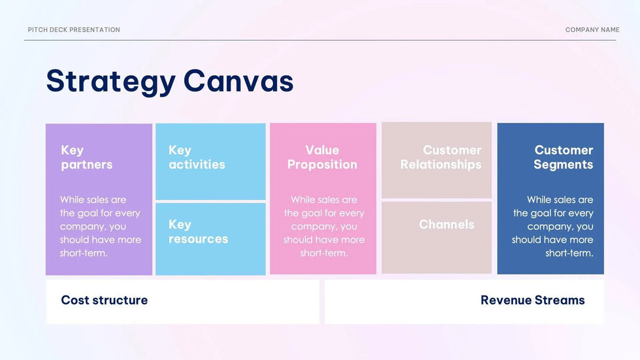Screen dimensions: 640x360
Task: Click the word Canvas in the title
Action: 238,80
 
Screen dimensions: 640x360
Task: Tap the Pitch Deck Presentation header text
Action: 74,30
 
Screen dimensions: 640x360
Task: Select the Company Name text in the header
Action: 592,30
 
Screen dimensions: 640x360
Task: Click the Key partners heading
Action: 86,157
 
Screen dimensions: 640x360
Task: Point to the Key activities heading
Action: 197,157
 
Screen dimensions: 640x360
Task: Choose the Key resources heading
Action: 199,231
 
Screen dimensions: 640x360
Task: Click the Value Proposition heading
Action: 322,157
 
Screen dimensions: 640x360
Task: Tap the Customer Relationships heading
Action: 441,157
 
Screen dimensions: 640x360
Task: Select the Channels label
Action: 447,225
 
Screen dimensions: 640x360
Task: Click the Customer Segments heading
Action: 563,157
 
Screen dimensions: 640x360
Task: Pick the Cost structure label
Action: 104,300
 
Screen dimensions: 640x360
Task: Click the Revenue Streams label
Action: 533,300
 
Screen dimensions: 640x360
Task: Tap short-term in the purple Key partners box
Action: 84,253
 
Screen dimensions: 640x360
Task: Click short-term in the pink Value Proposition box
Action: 324,253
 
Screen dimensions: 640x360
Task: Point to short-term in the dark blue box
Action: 569,253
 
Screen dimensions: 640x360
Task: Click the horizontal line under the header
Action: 320,40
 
